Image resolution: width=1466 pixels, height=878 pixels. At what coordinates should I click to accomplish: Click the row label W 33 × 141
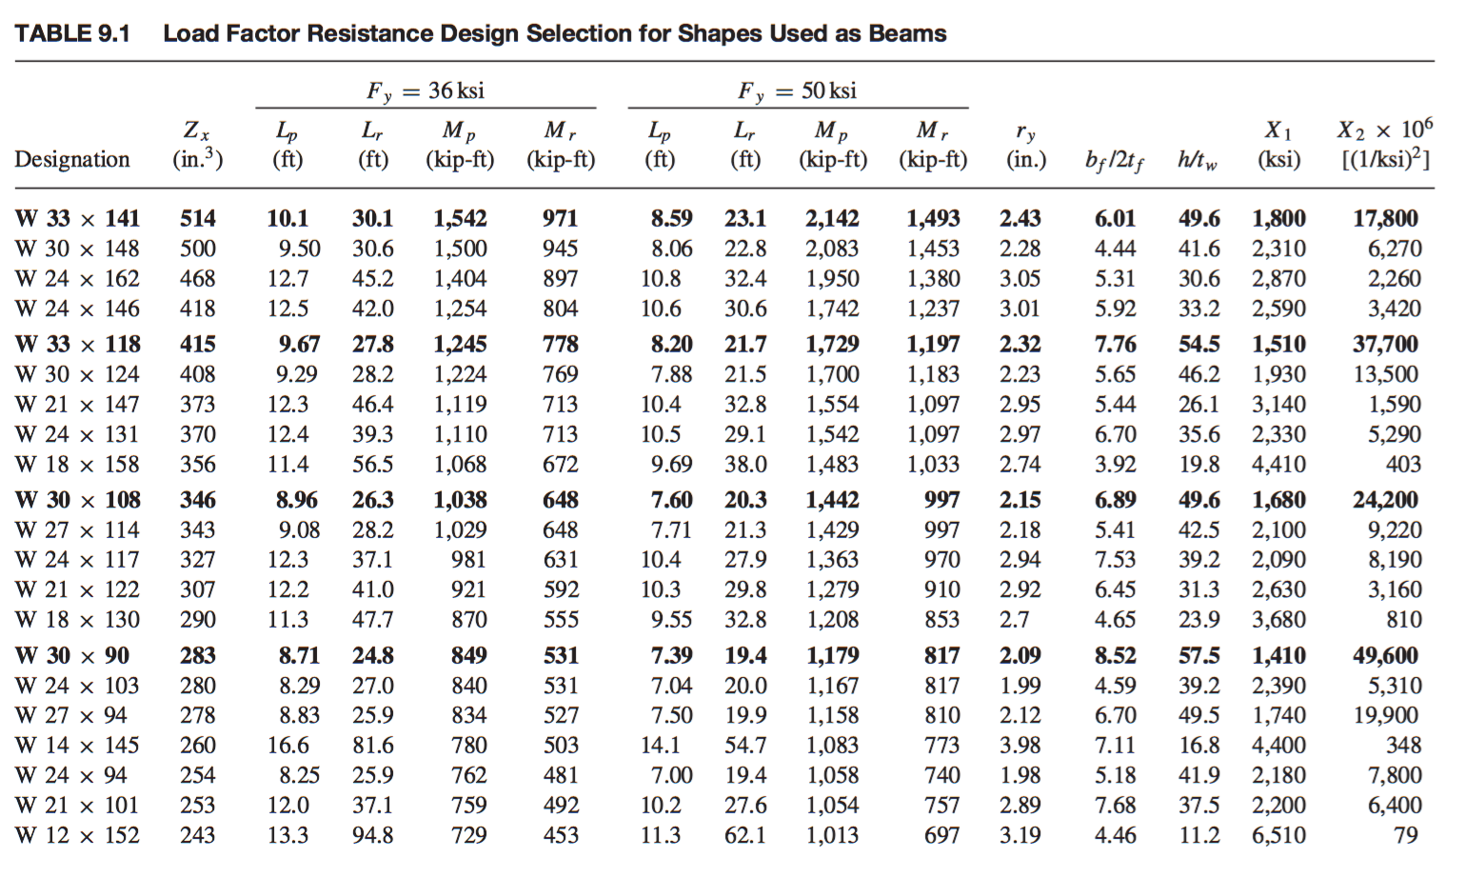[x=77, y=218]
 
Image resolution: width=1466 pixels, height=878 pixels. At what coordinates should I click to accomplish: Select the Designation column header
[x=71, y=159]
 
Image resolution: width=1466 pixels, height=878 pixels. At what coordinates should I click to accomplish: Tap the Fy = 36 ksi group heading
[x=426, y=90]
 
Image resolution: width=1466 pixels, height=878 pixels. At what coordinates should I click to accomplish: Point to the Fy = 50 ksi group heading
[x=797, y=90]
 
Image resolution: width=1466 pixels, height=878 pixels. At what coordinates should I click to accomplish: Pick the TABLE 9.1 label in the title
[x=72, y=33]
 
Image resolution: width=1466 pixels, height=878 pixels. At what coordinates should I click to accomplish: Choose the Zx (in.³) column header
[x=197, y=144]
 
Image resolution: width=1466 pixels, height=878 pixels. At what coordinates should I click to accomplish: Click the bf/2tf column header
[x=1114, y=160]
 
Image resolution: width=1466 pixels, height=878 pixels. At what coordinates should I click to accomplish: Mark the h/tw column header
[x=1197, y=160]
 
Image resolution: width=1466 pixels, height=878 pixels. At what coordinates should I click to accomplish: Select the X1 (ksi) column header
[x=1278, y=144]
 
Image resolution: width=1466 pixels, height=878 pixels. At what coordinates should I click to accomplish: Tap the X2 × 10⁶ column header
[x=1385, y=144]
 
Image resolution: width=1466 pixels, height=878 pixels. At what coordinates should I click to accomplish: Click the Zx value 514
[x=198, y=218]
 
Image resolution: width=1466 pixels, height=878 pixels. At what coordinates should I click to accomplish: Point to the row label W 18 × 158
[x=77, y=465]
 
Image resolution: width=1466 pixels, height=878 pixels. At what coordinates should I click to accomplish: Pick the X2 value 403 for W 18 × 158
[x=1403, y=465]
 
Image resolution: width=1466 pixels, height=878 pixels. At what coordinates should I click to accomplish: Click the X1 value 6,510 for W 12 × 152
[x=1278, y=835]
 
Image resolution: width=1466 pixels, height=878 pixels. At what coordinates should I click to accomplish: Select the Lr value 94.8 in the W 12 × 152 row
[x=372, y=835]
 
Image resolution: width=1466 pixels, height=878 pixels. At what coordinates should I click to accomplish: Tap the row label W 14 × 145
[x=77, y=745]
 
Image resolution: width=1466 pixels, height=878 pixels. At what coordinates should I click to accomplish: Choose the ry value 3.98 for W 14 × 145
[x=1020, y=745]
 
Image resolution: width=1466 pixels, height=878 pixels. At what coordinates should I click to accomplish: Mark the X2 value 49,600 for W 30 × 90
[x=1385, y=655]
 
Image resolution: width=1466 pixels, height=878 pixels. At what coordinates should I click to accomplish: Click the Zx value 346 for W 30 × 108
[x=198, y=500]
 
